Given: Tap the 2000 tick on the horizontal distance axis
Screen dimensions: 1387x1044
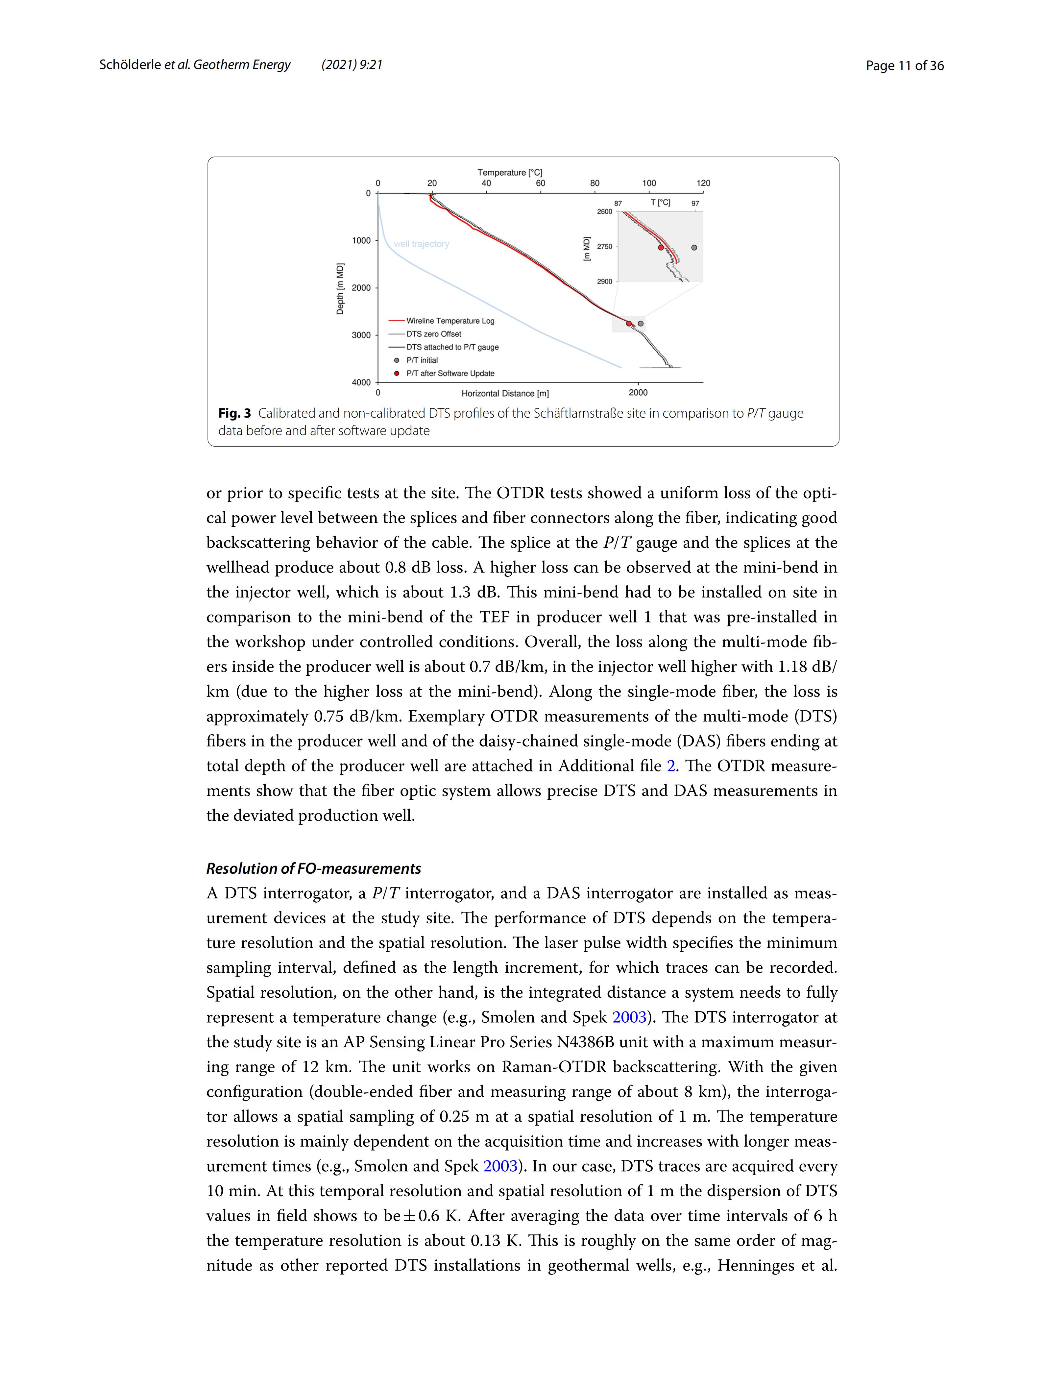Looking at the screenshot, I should (638, 393).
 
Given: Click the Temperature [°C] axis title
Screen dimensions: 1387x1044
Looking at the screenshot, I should (510, 172).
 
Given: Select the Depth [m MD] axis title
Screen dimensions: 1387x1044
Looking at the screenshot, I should (340, 288).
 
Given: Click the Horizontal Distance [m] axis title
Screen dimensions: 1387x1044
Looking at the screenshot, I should (505, 394).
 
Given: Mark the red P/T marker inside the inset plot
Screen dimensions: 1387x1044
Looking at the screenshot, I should (661, 248).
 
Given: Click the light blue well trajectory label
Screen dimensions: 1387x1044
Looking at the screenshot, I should (421, 244).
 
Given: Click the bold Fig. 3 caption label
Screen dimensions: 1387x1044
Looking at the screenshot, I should (234, 413).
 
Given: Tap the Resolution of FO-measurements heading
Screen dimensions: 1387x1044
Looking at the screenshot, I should (313, 868).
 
